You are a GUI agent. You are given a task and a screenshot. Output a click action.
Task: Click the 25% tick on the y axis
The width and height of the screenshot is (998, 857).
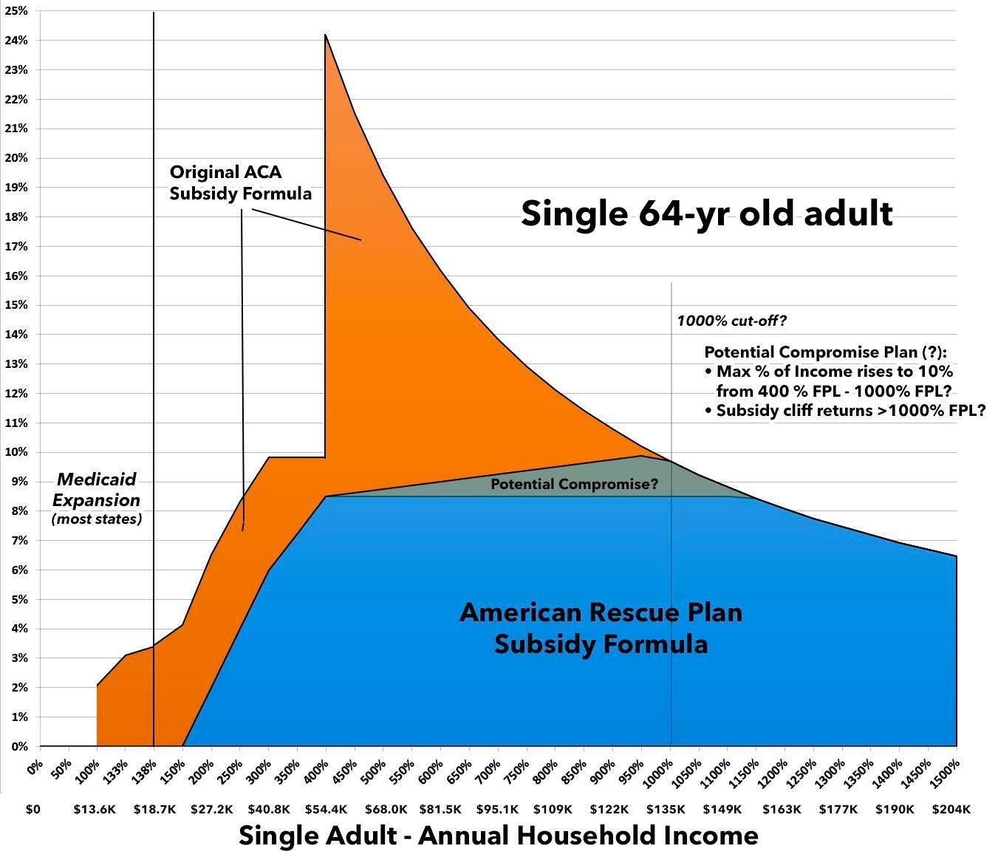[17, 11]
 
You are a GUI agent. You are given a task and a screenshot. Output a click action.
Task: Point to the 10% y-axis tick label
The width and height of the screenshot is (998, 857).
[17, 452]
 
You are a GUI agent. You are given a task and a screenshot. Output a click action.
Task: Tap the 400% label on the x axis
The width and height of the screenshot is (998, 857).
[319, 768]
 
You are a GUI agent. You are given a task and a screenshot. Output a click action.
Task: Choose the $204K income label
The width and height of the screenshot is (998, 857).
[951, 810]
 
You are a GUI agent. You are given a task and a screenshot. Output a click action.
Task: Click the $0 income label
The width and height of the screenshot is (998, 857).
[33, 810]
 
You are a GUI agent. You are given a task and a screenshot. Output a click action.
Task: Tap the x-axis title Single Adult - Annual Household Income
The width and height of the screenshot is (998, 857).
[499, 836]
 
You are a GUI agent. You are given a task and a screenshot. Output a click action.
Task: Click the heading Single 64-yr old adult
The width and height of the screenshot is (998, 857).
[707, 214]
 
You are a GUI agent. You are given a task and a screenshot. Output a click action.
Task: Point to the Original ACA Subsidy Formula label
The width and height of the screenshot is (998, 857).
[241, 182]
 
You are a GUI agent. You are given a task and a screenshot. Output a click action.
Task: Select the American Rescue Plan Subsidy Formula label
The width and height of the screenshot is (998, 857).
[601, 629]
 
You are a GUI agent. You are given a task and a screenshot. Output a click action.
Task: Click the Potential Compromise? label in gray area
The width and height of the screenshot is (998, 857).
[574, 485]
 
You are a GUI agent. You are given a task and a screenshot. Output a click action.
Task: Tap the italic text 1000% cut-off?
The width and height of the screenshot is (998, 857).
[731, 321]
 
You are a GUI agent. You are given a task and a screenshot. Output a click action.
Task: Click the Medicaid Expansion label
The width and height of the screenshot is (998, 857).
[97, 490]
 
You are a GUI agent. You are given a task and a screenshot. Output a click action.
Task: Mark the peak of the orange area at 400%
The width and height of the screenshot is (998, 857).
[325, 35]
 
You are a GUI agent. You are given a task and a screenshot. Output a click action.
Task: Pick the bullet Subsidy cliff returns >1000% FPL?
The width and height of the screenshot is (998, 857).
[846, 411]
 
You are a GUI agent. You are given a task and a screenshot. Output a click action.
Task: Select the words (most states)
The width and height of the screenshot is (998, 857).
[97, 519]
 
